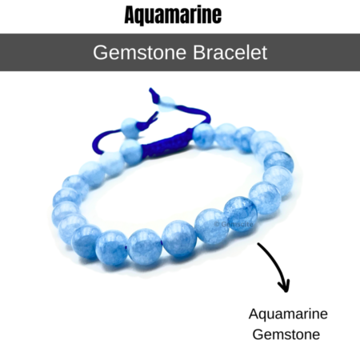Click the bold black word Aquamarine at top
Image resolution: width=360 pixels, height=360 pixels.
tap(173, 15)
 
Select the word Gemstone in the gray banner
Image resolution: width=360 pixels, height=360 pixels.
tap(139, 53)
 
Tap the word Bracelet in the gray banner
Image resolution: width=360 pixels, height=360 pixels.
tap(230, 52)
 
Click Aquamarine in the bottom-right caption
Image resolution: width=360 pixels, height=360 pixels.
tap(288, 314)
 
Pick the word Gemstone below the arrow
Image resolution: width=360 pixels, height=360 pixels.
tap(286, 334)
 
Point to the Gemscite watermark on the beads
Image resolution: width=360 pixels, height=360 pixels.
tap(234, 224)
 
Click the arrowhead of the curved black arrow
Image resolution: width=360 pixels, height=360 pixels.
tap(284, 286)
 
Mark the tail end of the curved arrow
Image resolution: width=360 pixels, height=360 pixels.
tap(258, 244)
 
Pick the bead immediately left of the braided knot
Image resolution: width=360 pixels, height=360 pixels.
tap(131, 151)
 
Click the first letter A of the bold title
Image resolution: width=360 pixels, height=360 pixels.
tap(130, 15)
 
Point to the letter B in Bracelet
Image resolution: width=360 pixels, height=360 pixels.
tap(198, 53)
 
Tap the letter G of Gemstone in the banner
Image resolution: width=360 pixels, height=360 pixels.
tap(100, 53)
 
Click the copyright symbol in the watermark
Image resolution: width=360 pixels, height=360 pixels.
tap(217, 224)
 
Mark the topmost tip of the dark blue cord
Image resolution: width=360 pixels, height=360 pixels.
tap(150, 88)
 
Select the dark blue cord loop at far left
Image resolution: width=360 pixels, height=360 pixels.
tap(98, 140)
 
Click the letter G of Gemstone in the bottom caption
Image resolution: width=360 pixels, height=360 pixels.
tap(258, 334)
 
